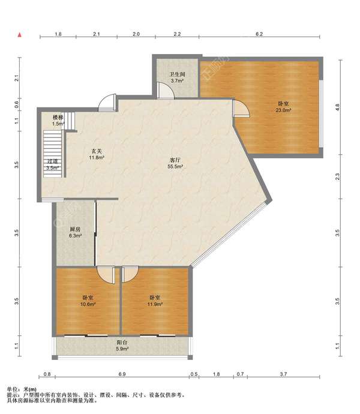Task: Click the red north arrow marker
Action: click(20, 35)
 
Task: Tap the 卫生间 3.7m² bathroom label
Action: click(177, 77)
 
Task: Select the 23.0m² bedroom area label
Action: click(283, 107)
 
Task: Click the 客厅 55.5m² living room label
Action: click(175, 163)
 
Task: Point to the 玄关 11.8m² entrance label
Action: click(97, 154)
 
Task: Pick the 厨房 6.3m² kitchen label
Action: click(75, 232)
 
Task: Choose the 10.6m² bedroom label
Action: click(88, 301)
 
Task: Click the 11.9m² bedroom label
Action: click(155, 301)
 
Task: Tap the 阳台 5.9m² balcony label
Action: click(122, 346)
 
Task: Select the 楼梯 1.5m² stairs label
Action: click(58, 121)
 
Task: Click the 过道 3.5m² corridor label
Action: click(52, 164)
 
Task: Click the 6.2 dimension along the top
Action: click(259, 34)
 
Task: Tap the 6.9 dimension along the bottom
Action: click(122, 374)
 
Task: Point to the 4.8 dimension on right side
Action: click(337, 107)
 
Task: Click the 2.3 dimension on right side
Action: click(337, 176)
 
